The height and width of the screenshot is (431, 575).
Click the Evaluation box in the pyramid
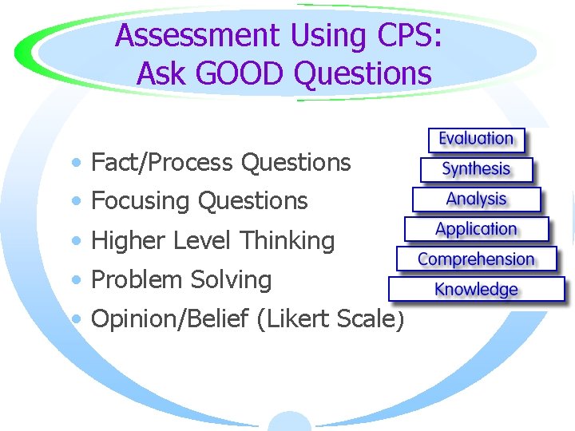click(476, 139)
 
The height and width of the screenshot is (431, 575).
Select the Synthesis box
click(476, 169)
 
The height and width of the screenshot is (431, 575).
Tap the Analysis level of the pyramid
click(476, 199)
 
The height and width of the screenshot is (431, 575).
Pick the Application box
click(476, 229)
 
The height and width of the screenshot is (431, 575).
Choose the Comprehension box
click(476, 259)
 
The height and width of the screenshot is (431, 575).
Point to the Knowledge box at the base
click(476, 289)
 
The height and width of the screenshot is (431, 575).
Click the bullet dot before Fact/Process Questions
click(74, 164)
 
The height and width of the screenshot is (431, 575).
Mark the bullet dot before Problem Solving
click(74, 280)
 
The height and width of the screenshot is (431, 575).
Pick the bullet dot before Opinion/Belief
click(74, 319)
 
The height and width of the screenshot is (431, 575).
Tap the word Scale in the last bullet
click(370, 318)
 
